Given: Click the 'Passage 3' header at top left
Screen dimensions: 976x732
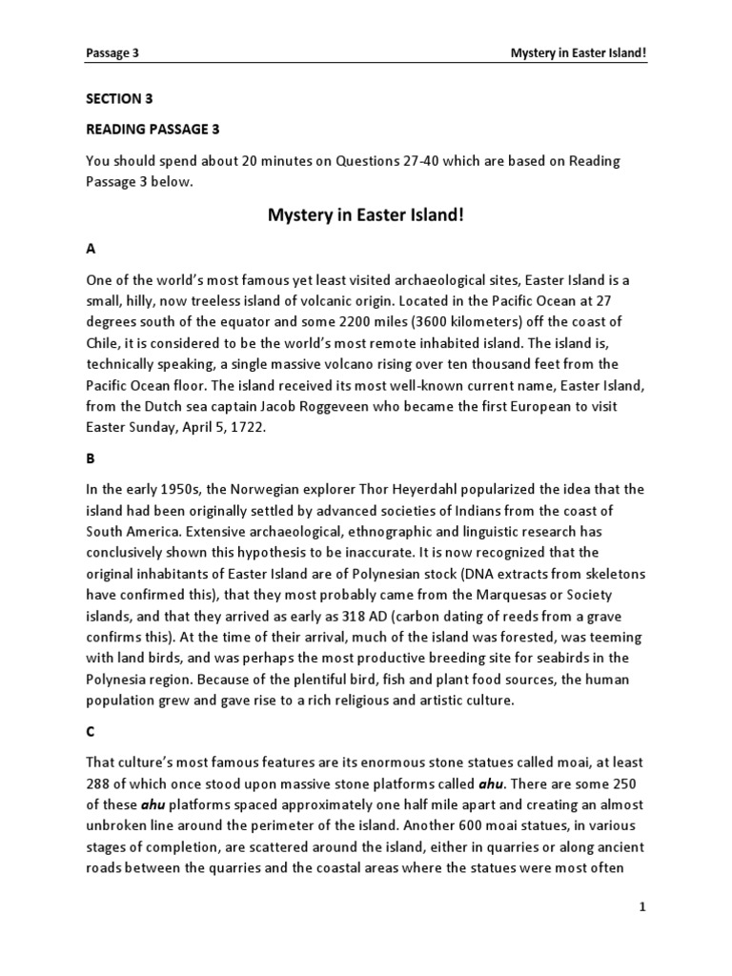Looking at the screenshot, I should click(112, 53).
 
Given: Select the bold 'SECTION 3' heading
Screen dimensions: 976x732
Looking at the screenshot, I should click(119, 98).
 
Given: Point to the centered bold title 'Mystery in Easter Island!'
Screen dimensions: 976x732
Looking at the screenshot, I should click(366, 216).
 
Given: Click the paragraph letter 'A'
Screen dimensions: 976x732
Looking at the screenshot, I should click(91, 248).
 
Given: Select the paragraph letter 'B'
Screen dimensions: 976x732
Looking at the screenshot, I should click(91, 457).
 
